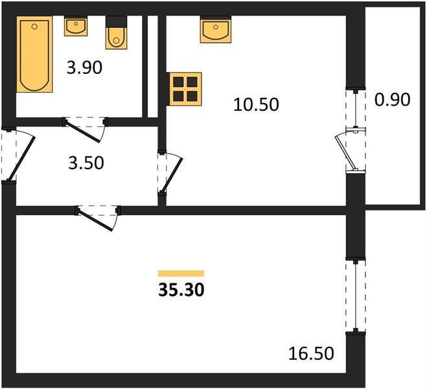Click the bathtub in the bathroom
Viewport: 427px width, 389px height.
point(34,54)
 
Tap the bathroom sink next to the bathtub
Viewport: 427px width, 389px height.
point(76,26)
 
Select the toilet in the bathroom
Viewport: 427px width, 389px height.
point(116,32)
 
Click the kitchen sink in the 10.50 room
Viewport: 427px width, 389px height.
point(216,29)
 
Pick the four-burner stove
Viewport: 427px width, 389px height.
point(185,89)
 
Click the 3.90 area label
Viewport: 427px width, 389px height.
point(84,67)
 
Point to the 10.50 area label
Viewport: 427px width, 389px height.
point(256,104)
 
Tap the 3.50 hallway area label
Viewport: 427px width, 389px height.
point(86,163)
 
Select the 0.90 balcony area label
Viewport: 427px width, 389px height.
point(393,99)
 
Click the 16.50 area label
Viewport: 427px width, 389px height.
point(311,353)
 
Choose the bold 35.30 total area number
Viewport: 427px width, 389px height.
point(181,290)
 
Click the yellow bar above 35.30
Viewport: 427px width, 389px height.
point(181,273)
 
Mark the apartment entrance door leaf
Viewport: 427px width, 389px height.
point(21,159)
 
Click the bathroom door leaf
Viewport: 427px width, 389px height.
point(83,132)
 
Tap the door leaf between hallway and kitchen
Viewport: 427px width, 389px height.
point(172,175)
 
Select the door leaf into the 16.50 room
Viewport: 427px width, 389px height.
point(95,220)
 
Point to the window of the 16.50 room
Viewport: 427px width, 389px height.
point(355,296)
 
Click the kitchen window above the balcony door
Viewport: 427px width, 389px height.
point(355,109)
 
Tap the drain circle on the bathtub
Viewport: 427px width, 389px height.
point(34,27)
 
